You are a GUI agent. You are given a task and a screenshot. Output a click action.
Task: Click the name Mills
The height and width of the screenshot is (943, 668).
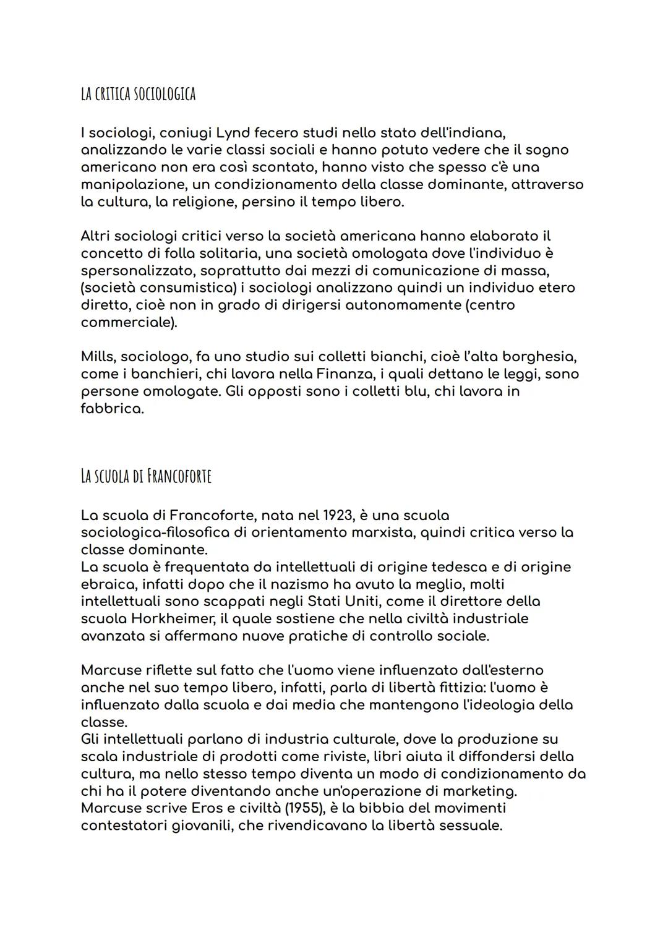(97, 357)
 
